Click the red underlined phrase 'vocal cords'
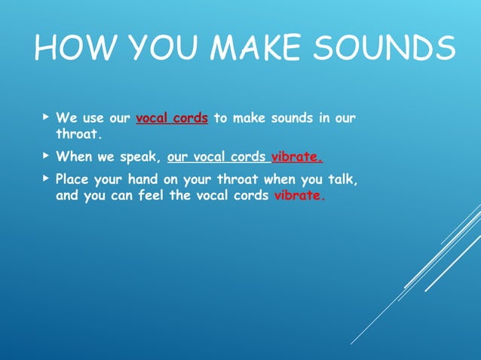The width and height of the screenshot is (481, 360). coord(172,118)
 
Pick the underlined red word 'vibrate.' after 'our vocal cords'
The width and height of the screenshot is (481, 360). coord(297,158)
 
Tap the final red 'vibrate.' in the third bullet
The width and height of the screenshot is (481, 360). coord(300,195)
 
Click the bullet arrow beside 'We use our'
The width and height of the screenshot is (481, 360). coord(46,118)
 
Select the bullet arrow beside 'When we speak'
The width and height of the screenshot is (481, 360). coord(46,157)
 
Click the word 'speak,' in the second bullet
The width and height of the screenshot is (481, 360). coord(140,158)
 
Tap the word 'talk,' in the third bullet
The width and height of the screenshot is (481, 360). coord(340,181)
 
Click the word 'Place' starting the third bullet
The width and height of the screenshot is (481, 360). coord(73,181)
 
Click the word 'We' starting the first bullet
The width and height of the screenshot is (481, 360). coord(66,118)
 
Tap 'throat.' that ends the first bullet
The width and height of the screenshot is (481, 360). coord(78,133)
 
